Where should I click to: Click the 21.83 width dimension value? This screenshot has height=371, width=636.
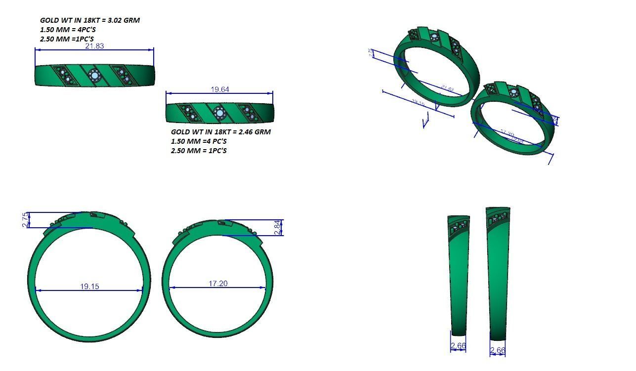(94, 46)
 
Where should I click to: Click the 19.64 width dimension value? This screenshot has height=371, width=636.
(220, 89)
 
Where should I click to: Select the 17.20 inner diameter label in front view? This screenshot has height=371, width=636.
(218, 283)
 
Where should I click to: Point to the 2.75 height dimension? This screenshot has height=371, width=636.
(25, 220)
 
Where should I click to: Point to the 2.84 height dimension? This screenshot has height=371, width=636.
(277, 227)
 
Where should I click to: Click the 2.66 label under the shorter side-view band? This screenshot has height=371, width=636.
(458, 346)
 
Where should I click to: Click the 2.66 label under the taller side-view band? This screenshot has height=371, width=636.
(498, 350)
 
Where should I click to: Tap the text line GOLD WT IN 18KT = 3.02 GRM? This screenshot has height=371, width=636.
(89, 20)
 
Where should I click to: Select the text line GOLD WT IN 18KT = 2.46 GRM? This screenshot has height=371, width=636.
(220, 132)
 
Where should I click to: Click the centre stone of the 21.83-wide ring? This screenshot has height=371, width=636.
(94, 76)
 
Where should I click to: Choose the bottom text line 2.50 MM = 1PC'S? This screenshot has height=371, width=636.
(199, 150)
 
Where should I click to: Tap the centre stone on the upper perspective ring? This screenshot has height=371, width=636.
(435, 38)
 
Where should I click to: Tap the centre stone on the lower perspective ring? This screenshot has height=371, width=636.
(514, 93)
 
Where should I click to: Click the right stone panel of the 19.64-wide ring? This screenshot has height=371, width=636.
(250, 113)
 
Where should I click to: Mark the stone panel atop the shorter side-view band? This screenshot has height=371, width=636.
(460, 225)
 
